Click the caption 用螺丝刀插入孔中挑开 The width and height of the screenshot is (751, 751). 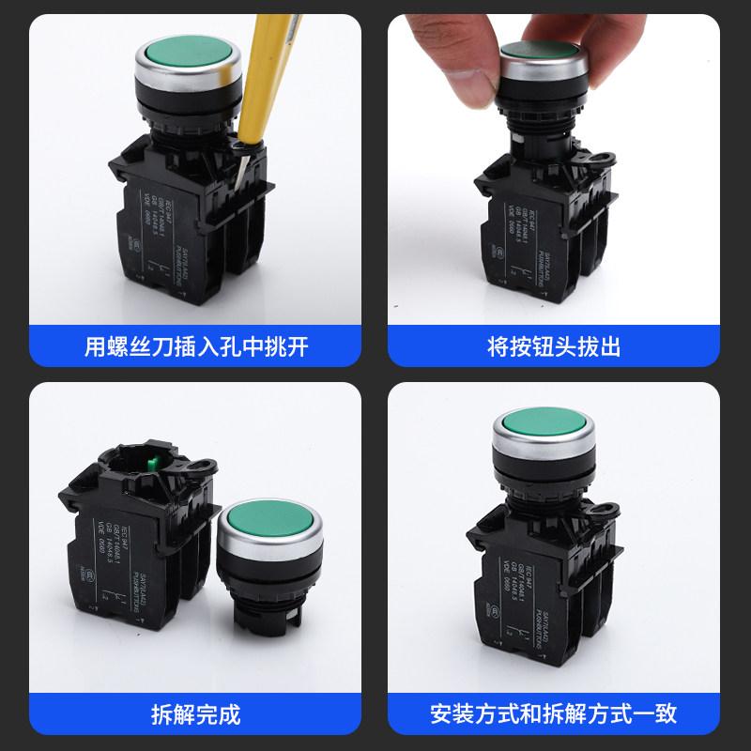coord(195,347)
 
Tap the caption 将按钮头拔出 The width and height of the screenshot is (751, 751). coord(554,347)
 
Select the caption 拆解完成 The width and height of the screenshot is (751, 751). coord(195,714)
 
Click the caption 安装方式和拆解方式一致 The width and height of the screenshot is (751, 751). coord(554,714)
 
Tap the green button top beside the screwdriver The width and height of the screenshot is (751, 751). coord(188,54)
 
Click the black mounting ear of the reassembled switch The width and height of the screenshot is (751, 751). coord(605,512)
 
